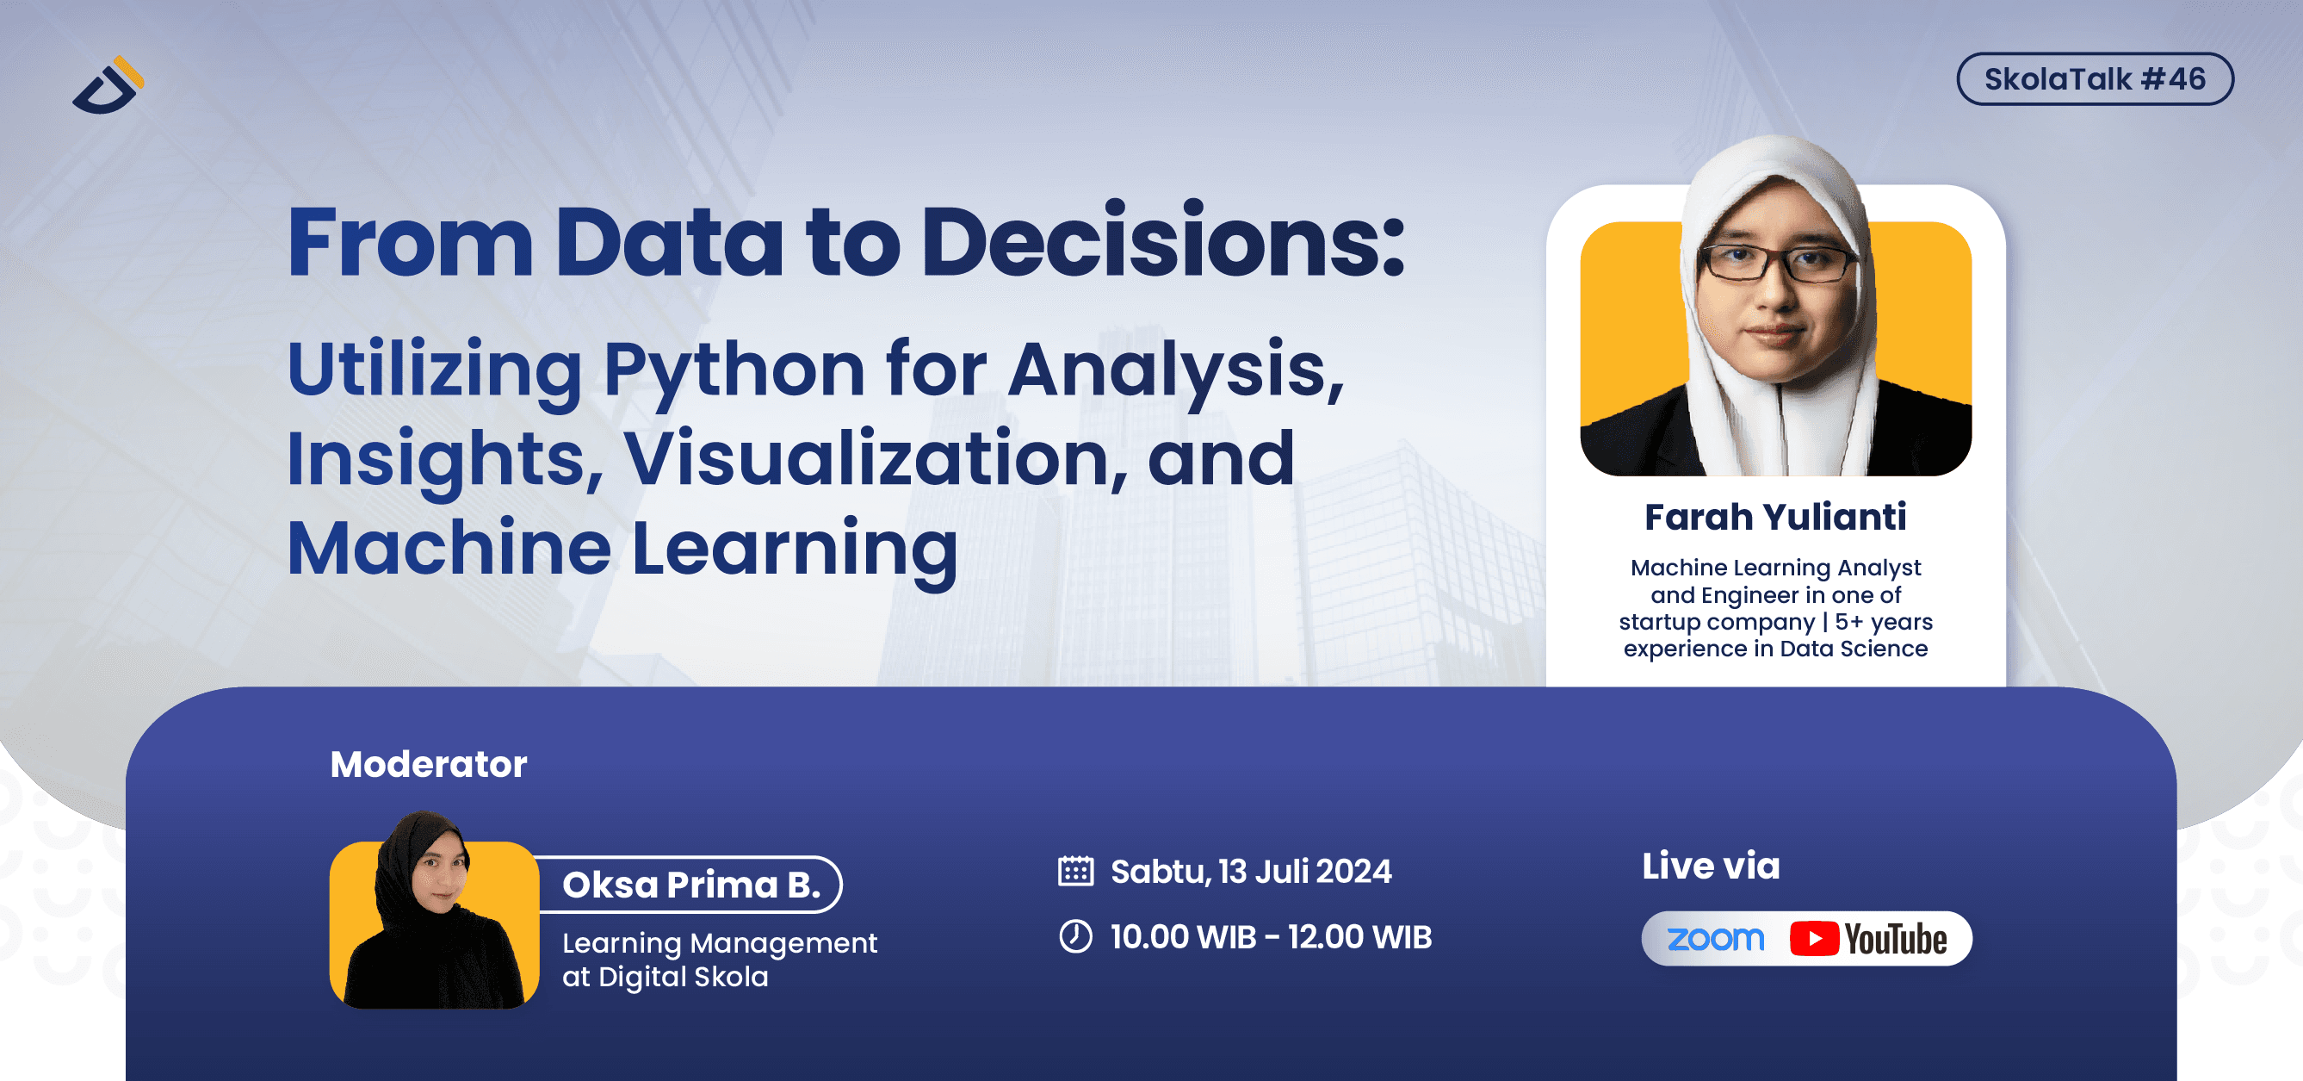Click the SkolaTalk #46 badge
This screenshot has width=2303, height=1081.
[2094, 78]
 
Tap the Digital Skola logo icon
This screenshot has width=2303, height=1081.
[108, 86]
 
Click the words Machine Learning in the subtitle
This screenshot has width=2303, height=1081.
[622, 548]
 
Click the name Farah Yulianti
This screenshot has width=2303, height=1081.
[1774, 517]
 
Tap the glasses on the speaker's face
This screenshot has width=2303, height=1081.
[1776, 263]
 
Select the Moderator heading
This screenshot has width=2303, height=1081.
[428, 765]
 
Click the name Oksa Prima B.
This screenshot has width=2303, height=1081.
[690, 885]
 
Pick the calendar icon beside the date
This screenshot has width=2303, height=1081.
[1075, 871]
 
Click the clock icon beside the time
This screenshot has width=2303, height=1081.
[1075, 936]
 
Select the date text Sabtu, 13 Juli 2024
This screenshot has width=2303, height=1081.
[1250, 871]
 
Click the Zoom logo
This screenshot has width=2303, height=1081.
[1715, 939]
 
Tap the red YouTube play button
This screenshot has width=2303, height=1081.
[1813, 939]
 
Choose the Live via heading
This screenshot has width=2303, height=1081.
[1711, 866]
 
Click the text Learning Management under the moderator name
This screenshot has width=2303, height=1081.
[719, 942]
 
